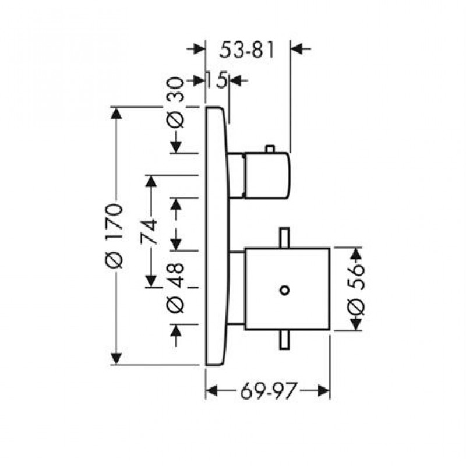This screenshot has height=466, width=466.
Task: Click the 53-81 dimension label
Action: point(246,51)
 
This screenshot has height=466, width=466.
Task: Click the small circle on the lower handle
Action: point(284,290)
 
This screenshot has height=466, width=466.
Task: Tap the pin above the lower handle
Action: point(284,237)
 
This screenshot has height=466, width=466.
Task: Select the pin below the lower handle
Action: point(284,341)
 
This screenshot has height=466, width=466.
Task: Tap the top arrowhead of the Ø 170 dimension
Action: point(117,113)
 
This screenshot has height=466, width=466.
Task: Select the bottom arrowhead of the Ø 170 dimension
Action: point(117,359)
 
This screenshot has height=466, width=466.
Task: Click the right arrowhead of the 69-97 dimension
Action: point(324,391)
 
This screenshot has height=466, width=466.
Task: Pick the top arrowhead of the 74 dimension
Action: point(151,182)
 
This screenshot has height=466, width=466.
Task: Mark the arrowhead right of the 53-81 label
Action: point(297,50)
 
